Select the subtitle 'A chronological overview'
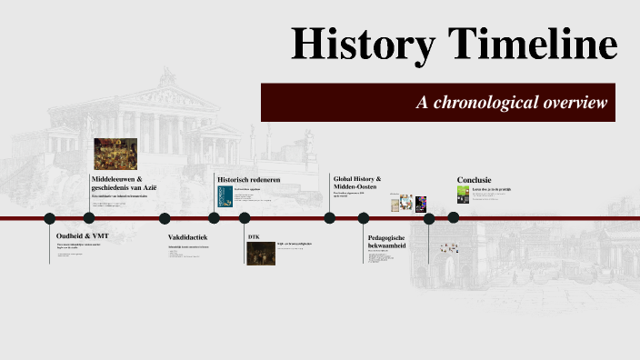pyautogui.click(x=511, y=103)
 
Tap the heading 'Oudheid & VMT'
pyautogui.click(x=82, y=236)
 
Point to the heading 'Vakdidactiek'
pyautogui.click(x=188, y=238)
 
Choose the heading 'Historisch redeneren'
pyautogui.click(x=248, y=180)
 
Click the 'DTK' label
pyautogui.click(x=254, y=236)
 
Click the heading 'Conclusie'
pyautogui.click(x=475, y=179)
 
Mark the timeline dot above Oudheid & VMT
pyautogui.click(x=50, y=218)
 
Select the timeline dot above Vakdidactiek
pyautogui.click(x=165, y=218)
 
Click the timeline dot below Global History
pyautogui.click(x=330, y=218)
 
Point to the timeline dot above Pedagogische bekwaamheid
pyautogui.click(x=364, y=218)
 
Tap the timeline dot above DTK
pyautogui.click(x=244, y=218)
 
